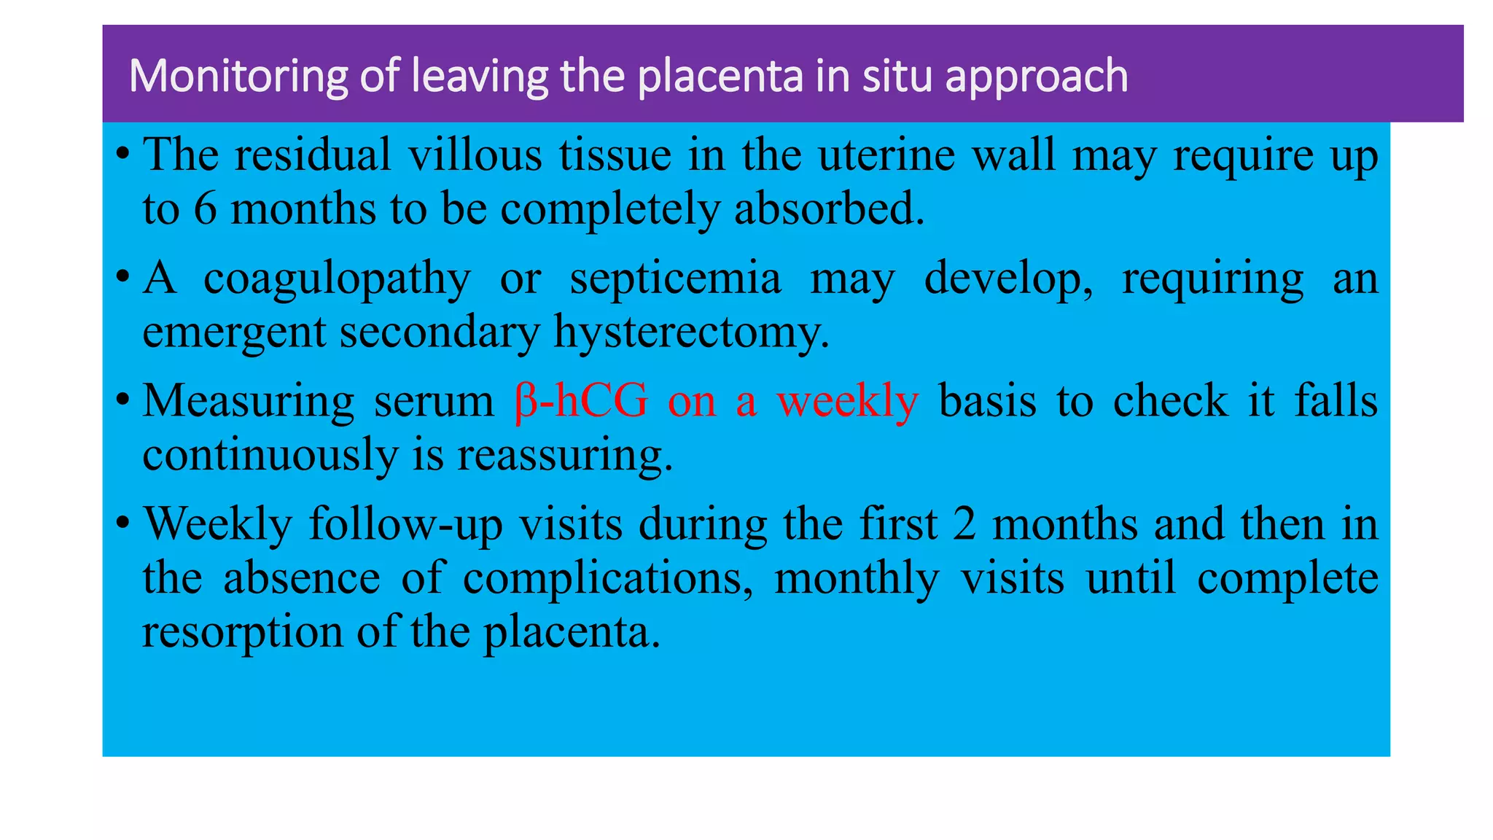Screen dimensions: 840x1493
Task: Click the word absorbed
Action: [x=829, y=209]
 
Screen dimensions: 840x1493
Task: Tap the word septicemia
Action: [x=675, y=279]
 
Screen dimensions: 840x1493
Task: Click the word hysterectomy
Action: [x=691, y=333]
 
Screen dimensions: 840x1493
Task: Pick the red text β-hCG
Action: [x=580, y=401]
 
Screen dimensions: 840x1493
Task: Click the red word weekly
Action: [x=847, y=402]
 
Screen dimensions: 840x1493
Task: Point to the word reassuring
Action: [x=565, y=456]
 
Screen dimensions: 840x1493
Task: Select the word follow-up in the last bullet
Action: [x=405, y=524]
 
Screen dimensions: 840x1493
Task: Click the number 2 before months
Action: [x=964, y=524]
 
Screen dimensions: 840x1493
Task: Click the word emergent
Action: [x=233, y=333]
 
